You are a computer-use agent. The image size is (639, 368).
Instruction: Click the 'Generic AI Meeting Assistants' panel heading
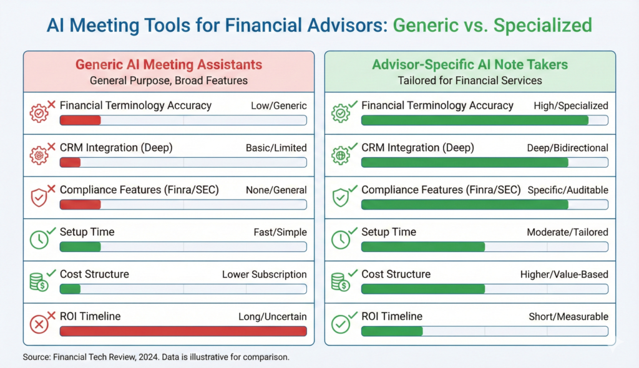169,64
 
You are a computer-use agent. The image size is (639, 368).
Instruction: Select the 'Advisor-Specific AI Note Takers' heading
470,64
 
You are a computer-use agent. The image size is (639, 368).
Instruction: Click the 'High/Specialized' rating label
571,106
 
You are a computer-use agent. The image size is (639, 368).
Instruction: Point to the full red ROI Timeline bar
183,331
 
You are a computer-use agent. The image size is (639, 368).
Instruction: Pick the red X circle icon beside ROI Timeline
39,324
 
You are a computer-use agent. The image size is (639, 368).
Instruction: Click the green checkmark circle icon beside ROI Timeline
341,324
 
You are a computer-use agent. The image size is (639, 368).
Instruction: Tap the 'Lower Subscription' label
265,274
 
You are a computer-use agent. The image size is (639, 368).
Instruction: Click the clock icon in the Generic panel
39,239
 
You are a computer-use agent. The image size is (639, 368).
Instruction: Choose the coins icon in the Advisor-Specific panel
341,281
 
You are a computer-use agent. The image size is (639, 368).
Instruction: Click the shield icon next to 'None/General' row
39,197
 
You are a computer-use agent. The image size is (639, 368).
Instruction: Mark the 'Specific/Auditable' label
568,190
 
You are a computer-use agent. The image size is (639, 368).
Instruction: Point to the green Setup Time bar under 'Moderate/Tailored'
422,246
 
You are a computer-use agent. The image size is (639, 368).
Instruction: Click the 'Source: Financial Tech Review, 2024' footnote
156,358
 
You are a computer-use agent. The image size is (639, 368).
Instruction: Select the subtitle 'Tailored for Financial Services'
470,80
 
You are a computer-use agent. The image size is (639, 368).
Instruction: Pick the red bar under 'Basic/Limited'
70,162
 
